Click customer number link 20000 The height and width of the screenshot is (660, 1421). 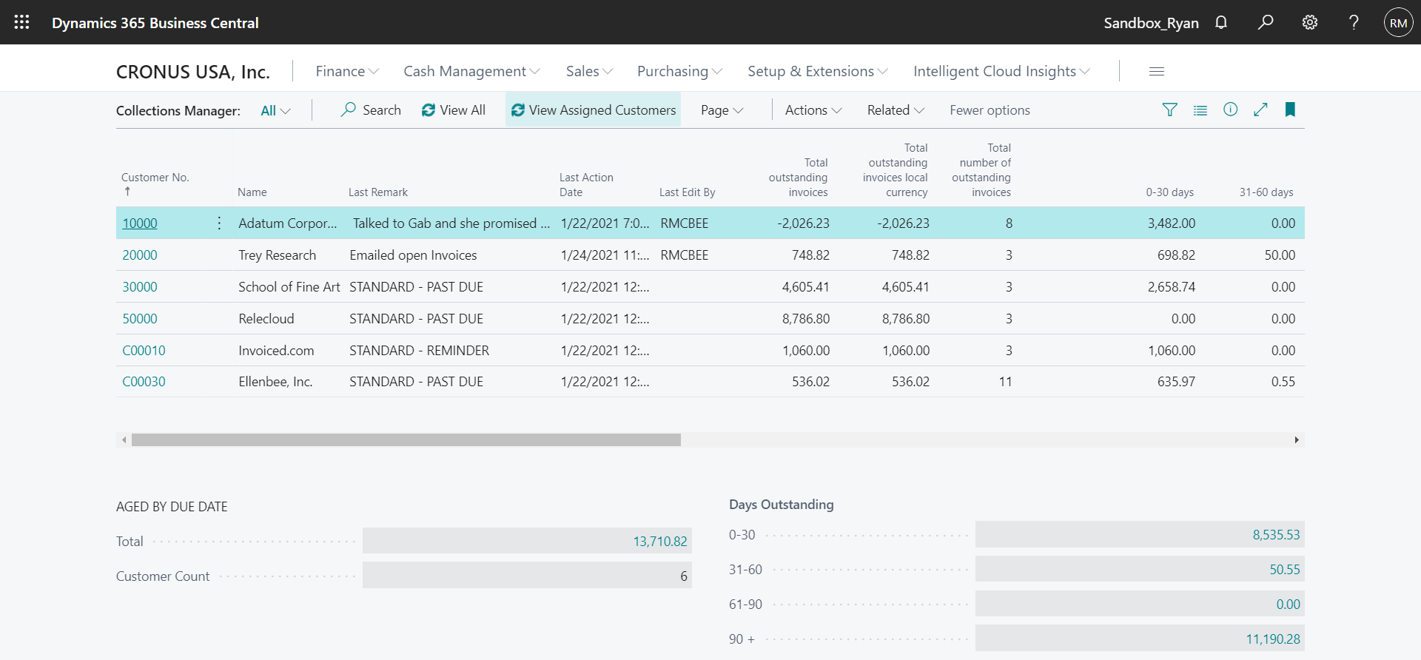(140, 255)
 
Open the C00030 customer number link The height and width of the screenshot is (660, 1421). (144, 382)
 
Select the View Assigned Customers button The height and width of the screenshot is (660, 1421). (593, 110)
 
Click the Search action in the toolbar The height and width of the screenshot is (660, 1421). (371, 110)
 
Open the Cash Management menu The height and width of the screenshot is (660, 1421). (471, 72)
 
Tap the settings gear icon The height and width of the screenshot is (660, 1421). (1310, 22)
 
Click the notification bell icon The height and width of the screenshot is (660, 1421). (1221, 22)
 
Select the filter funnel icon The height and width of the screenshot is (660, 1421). (1169, 110)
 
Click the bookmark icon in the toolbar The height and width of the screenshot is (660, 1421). (1290, 110)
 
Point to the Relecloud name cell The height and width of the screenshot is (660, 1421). (266, 319)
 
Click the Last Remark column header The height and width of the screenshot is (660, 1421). (378, 192)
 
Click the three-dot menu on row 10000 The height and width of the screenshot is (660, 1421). (219, 223)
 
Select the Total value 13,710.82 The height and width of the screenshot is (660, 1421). (659, 542)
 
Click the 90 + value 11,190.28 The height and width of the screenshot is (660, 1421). (1272, 639)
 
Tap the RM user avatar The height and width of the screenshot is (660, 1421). (1398, 23)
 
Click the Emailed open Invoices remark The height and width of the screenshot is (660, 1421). (413, 255)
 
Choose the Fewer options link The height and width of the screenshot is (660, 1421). (990, 110)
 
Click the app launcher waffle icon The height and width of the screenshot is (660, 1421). (21, 22)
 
